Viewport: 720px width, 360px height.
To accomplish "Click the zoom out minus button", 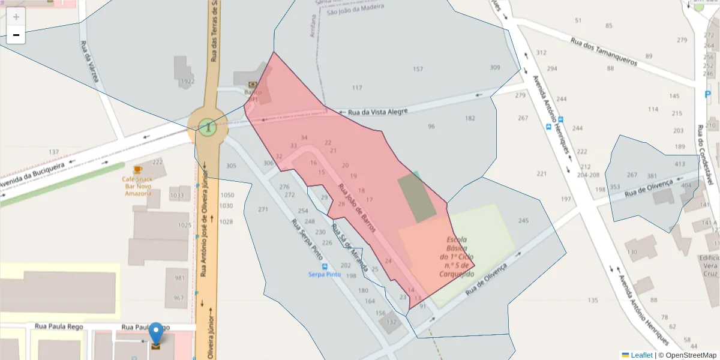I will click(16, 35).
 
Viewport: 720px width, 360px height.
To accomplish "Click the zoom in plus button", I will click(16, 17).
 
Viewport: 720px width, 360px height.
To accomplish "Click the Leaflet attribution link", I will click(641, 355).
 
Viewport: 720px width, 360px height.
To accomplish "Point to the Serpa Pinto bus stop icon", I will click(325, 266).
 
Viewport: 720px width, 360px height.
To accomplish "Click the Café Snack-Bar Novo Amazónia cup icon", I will click(138, 170).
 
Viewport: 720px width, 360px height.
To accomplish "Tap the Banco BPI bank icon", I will click(253, 85).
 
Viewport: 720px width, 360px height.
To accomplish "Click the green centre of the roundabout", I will click(208, 127).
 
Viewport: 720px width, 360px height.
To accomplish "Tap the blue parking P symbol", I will click(708, 94).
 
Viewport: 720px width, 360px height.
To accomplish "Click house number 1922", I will click(188, 82).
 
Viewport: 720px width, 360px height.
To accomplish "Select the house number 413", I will click(679, 164).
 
